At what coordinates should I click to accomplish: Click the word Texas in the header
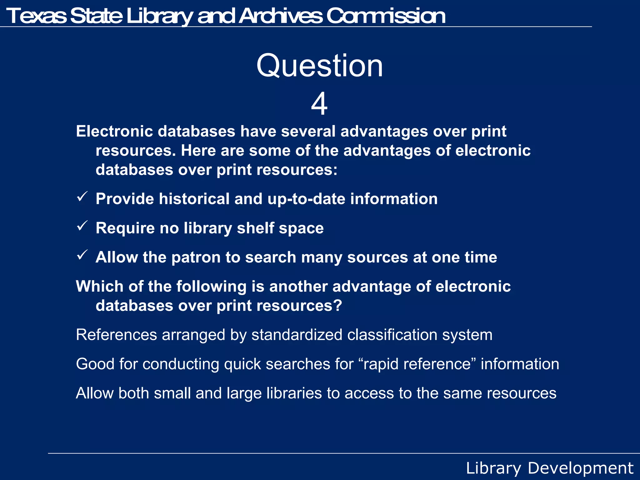coord(36,16)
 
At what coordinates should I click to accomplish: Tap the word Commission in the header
coord(386,16)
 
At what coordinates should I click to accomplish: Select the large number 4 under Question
coord(319,104)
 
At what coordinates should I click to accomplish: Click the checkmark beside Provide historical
coord(82,197)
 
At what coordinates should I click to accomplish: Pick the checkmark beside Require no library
coord(82,226)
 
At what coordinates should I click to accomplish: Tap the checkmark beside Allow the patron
coord(82,255)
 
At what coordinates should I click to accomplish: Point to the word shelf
coord(255,228)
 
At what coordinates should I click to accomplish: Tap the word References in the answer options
coord(116,335)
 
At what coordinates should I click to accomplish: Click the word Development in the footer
coord(580,468)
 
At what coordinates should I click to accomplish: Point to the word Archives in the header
coord(280,16)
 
